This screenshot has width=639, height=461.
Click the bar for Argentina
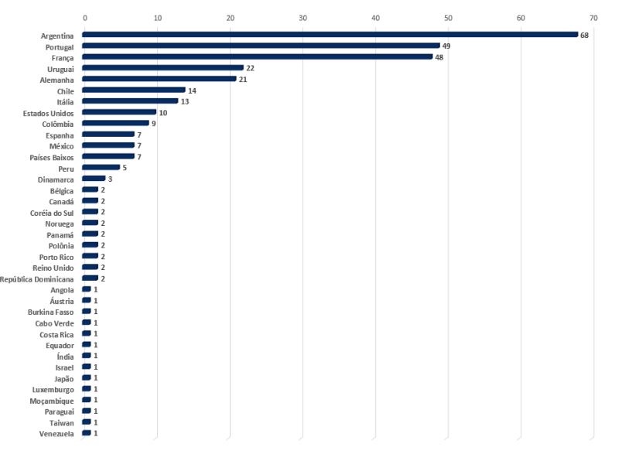330,35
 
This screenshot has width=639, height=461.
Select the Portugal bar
261,46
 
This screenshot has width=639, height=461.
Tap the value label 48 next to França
439,57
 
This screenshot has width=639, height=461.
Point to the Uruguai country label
60,69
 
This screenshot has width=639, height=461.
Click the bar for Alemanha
159,79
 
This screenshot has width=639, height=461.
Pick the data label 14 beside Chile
192,90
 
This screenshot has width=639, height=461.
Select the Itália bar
130,101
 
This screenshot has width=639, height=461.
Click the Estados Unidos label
49,113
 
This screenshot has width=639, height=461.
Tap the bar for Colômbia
115,123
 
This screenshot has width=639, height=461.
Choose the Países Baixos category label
52,157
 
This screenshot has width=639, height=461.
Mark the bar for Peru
101,167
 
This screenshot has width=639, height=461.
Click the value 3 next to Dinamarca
110,179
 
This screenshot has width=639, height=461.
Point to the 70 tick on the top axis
593,17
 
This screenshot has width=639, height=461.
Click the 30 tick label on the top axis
302,17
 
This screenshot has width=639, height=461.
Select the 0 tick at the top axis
84,17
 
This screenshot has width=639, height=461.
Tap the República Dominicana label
36,278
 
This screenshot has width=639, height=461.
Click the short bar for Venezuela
87,433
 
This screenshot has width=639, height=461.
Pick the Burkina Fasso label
50,312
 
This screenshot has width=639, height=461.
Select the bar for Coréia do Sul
91,212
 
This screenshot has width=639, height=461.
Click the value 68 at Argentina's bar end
585,35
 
